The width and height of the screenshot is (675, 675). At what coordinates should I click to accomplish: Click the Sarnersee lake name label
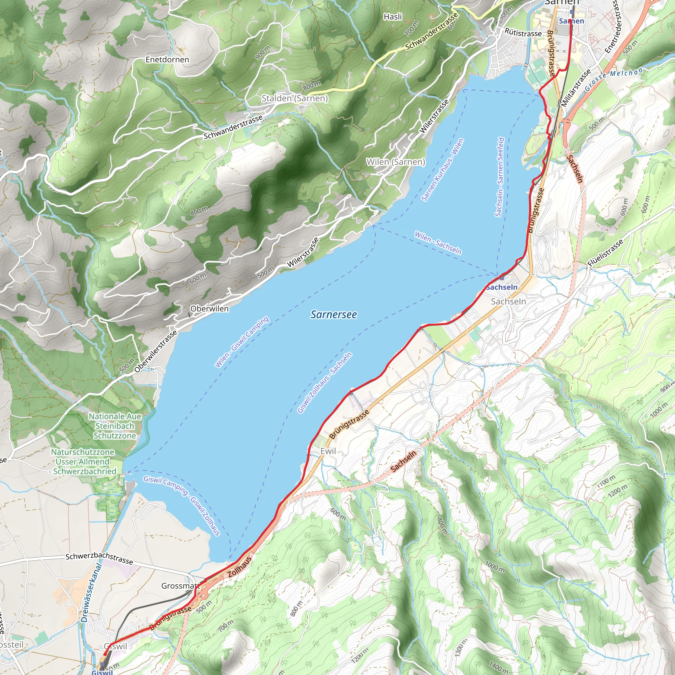click(334, 314)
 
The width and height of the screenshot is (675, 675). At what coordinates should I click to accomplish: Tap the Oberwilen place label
click(209, 309)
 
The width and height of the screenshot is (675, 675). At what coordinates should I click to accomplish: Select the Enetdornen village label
click(167, 59)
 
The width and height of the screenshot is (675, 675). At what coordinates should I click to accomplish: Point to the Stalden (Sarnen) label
click(295, 98)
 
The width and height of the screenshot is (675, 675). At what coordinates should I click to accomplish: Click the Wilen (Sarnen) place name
click(396, 162)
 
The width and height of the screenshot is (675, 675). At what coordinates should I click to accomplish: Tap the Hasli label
click(393, 16)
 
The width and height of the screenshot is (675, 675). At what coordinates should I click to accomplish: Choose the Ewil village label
click(328, 451)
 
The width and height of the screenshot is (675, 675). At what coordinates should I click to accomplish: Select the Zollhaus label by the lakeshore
click(240, 567)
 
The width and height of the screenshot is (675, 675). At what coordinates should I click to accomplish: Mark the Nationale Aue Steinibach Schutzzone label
click(115, 426)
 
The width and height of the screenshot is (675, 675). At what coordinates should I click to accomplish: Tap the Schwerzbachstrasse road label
click(99, 558)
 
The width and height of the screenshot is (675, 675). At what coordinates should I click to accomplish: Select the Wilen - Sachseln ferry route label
click(438, 243)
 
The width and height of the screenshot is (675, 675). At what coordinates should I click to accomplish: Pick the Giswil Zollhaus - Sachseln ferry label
click(325, 383)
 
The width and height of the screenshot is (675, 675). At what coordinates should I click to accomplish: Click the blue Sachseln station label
click(502, 287)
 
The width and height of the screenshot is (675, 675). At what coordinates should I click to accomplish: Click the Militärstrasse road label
click(575, 88)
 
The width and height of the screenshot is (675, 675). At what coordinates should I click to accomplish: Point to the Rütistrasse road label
click(523, 33)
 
